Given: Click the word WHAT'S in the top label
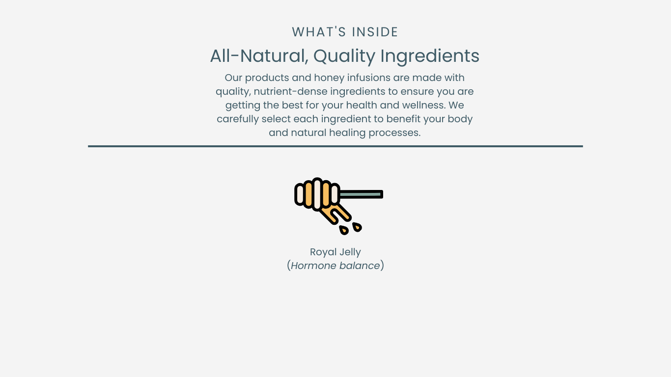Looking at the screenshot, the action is coord(319,32).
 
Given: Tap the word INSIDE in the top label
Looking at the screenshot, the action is coord(375,32).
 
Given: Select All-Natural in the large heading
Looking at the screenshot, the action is coord(259,56).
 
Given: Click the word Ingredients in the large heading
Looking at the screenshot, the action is coord(430,56).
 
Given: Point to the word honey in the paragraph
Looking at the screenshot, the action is coord(329,78).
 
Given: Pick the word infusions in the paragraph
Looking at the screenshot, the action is coord(369,78).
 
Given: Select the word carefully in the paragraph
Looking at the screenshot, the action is coord(238,119).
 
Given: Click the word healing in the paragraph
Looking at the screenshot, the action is coord(347,133).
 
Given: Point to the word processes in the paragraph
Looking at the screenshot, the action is coord(394,133).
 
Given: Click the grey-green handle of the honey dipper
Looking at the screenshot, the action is coord(361,194).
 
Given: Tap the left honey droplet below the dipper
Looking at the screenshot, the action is coord(344,230).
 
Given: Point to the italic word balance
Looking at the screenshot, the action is coord(360,266).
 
